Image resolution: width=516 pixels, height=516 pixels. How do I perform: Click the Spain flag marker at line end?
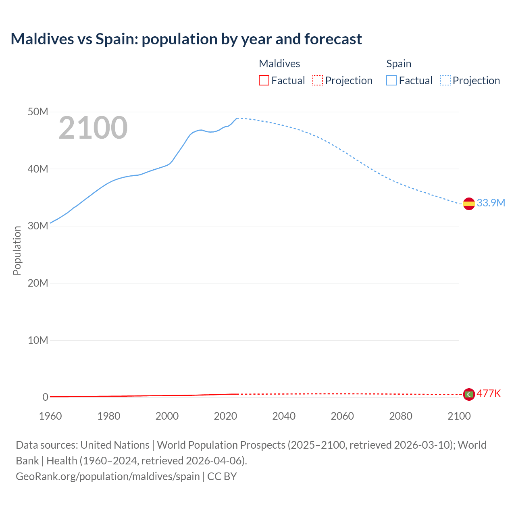pos(469,204)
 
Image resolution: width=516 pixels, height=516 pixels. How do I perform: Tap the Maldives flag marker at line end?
pos(469,394)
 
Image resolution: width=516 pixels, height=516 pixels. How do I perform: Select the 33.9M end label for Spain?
pos(491,203)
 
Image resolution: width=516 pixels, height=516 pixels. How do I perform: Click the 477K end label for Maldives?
pos(489,393)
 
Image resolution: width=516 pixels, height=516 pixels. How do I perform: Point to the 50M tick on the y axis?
pos(38,112)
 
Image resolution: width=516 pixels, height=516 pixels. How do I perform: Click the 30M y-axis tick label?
pos(38,226)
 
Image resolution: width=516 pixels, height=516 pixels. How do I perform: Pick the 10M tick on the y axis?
pos(38,340)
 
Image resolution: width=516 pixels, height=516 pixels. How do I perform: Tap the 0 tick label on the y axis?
pos(45,397)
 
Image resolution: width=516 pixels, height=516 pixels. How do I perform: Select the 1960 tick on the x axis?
pos(50,416)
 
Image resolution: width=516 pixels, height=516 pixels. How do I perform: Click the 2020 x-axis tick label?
pos(225,416)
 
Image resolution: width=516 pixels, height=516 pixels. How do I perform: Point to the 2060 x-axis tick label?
pos(342,416)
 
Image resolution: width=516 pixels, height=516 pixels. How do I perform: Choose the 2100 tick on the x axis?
pos(459,416)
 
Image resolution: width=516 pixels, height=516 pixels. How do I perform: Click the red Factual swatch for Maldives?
pos(264,81)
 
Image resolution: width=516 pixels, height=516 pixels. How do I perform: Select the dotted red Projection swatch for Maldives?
pos(318,81)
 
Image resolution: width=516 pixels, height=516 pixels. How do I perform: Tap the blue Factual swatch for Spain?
pos(391,81)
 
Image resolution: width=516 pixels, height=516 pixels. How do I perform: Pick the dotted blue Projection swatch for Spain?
pos(445,81)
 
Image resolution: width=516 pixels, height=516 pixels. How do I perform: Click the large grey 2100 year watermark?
pos(93,128)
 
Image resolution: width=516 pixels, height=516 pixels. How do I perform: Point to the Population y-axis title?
pos(17,250)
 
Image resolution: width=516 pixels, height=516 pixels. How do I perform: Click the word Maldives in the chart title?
pos(42,39)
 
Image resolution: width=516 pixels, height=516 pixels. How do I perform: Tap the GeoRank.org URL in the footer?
pos(108,476)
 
